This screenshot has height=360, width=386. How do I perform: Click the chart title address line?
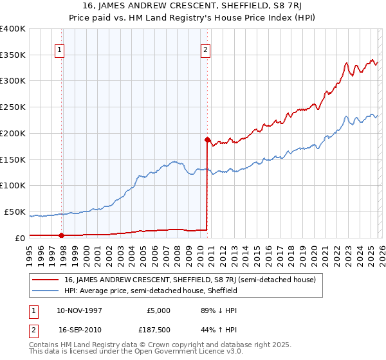[193, 6]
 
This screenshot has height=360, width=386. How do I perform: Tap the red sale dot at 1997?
[62, 235]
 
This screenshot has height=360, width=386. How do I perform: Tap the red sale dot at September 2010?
[207, 139]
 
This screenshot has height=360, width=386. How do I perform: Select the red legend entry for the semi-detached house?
[190, 280]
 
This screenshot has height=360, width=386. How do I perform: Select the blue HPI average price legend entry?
[151, 291]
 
